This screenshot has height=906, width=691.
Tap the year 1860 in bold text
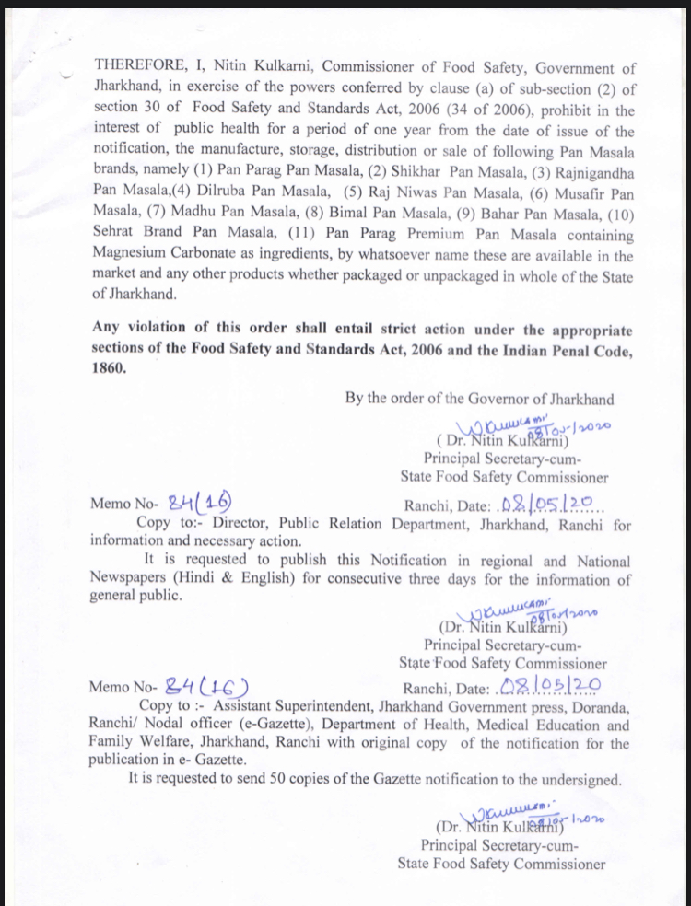(x=109, y=366)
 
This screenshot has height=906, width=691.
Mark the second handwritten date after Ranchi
(x=549, y=688)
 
